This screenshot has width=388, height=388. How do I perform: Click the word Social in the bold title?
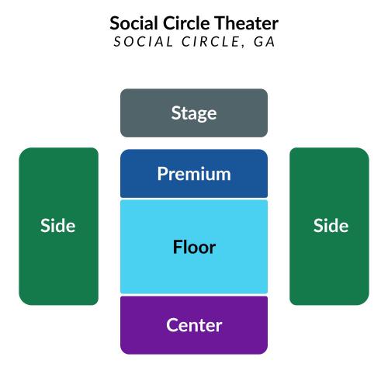click(133, 23)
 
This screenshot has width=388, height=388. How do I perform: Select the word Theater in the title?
click(247, 23)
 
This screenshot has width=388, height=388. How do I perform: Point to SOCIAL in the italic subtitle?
click(144, 42)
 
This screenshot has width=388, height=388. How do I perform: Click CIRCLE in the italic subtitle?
click(210, 42)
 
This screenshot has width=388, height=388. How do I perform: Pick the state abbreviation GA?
click(264, 42)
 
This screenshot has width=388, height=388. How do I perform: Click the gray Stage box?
click(194, 113)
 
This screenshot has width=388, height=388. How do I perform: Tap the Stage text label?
click(194, 114)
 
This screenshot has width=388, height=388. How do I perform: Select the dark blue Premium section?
click(194, 173)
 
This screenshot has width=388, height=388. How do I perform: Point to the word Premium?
click(194, 174)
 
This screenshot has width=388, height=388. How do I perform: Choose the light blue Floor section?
click(194, 247)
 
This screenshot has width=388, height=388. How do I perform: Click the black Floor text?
click(194, 247)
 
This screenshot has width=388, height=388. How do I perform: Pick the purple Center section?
click(194, 325)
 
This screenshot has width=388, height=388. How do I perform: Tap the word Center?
click(194, 325)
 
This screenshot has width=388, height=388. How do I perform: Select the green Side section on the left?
click(59, 227)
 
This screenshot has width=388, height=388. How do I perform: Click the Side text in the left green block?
click(58, 226)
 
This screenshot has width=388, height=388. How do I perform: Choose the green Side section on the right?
click(329, 227)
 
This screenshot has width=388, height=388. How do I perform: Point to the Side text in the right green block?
click(331, 226)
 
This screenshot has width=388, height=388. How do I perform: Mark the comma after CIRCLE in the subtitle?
click(243, 47)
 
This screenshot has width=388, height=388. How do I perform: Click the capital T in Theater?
click(220, 23)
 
